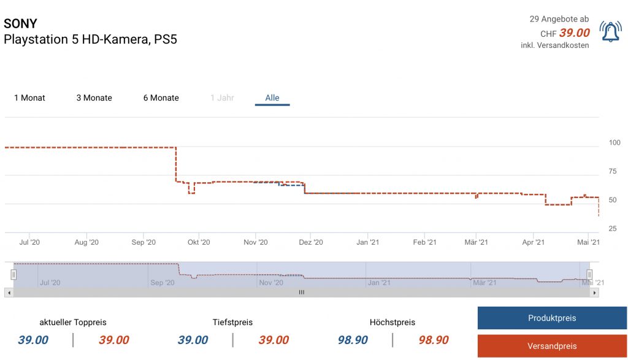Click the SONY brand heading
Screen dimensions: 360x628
(20, 24)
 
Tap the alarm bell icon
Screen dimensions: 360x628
(610, 32)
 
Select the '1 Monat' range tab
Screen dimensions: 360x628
(29, 98)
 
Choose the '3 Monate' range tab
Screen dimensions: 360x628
(94, 98)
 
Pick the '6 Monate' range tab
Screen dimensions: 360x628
(161, 98)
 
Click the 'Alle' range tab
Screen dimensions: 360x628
(272, 98)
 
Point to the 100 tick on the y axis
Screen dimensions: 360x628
(614, 143)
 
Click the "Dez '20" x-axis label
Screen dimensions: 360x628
(310, 242)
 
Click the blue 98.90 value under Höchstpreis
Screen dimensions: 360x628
(353, 340)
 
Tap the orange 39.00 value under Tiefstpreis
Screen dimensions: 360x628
(274, 340)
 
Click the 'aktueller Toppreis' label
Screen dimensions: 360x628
(73, 322)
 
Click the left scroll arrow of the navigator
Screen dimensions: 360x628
(9, 293)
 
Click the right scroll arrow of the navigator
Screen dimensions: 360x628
(594, 293)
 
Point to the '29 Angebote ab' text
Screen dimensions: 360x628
(559, 19)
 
